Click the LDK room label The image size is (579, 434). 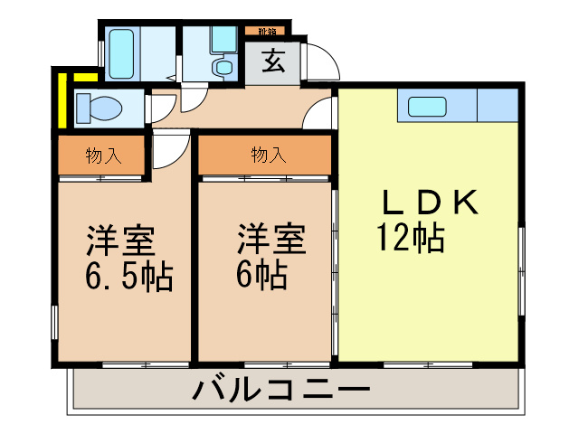tap(428, 203)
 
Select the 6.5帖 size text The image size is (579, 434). tap(128, 276)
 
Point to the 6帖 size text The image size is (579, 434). tap(261, 274)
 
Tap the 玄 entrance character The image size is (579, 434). tap(272, 62)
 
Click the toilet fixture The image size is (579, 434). tap(97, 108)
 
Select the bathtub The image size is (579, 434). tap(122, 54)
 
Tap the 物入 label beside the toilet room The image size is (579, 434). tap(102, 156)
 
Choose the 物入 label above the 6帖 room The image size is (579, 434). tap(268, 156)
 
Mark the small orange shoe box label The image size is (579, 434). tap(266, 32)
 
